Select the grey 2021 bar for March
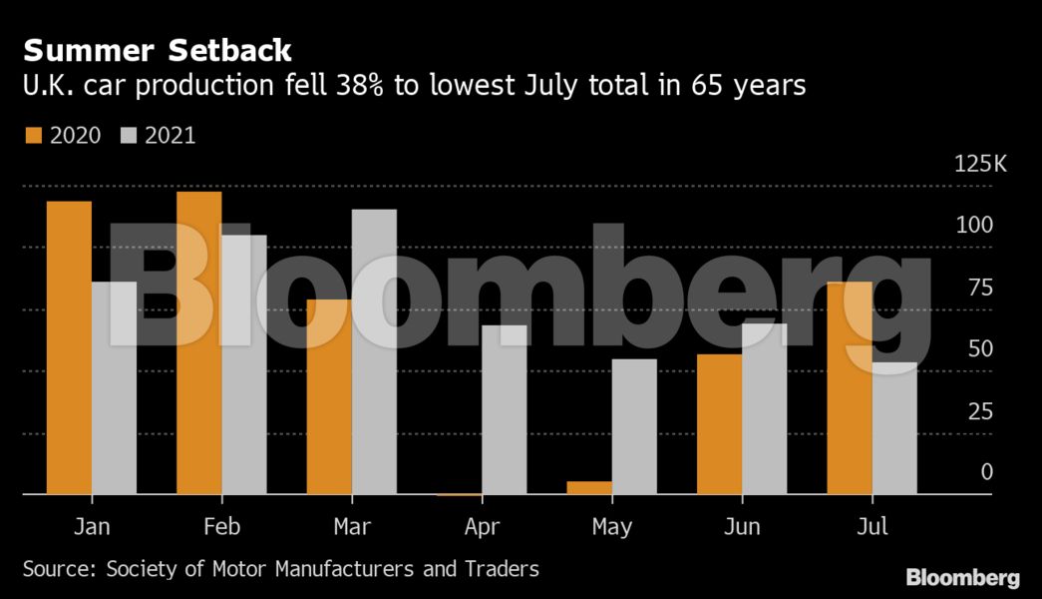374,351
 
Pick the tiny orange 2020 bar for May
589,488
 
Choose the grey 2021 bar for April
504,409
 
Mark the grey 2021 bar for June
764,408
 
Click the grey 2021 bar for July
894,428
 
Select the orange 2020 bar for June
719,424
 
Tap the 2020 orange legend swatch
31,136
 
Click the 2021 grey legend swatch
128,136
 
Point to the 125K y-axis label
980,164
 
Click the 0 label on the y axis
986,471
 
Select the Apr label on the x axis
483,527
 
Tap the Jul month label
872,527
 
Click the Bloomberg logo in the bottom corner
962,577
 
